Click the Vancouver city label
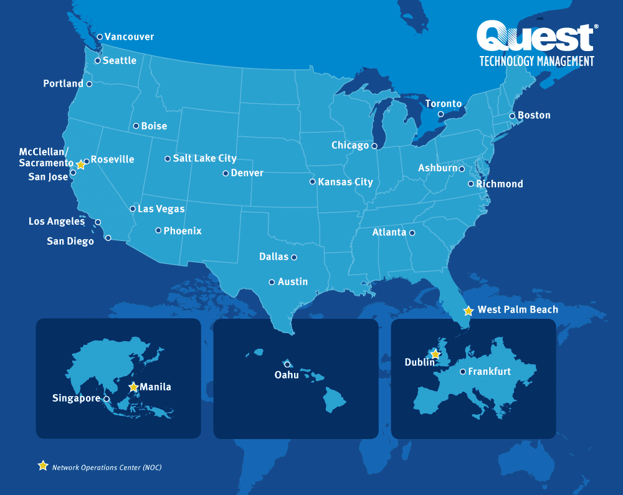(x=129, y=37)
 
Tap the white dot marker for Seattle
(x=98, y=60)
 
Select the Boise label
(x=154, y=126)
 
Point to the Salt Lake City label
(x=204, y=158)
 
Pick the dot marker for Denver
(x=226, y=173)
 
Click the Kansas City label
(x=345, y=182)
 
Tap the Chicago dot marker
(x=374, y=146)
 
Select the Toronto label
(x=444, y=103)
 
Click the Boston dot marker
(x=512, y=116)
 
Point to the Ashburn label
(x=437, y=168)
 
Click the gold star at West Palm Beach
(x=468, y=310)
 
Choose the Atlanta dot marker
(x=412, y=233)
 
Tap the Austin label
(x=293, y=281)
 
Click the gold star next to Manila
(x=133, y=387)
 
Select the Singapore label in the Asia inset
(x=76, y=398)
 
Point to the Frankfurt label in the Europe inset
(x=490, y=372)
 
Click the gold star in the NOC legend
(x=43, y=466)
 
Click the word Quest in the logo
(x=535, y=37)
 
